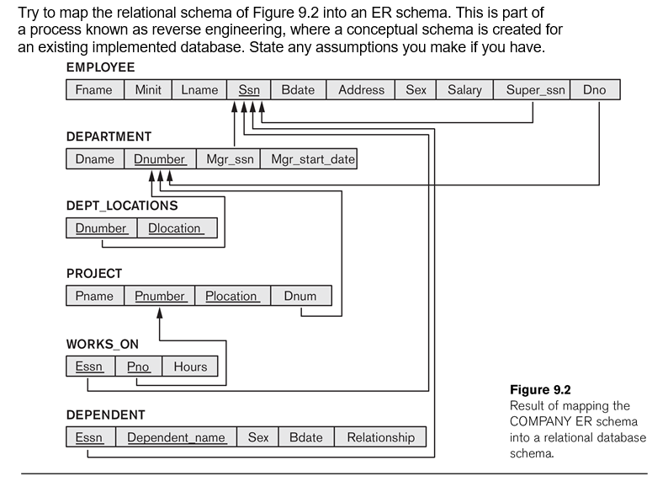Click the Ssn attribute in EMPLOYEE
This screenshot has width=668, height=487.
point(248,90)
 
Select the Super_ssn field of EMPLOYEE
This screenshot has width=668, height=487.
point(536,90)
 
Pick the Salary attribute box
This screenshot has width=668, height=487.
point(464,90)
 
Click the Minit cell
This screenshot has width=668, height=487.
point(148,90)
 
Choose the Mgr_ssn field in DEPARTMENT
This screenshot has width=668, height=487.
point(229,159)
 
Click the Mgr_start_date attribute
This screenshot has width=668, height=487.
point(309,159)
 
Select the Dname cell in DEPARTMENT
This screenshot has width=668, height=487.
point(94,159)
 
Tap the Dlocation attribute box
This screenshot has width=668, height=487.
point(175,228)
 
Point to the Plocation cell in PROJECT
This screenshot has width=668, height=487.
point(231,297)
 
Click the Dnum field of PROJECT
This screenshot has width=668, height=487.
point(300,297)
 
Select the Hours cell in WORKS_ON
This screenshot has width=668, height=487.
point(190,367)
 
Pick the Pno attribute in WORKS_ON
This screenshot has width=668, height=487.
point(138,367)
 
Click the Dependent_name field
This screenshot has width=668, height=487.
point(176,437)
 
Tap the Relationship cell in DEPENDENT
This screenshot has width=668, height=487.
point(380,437)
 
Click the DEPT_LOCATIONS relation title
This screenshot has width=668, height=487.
point(122,205)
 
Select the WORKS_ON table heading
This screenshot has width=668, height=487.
point(103,344)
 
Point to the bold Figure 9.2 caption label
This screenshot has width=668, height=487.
point(540,390)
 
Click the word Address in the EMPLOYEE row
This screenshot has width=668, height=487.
point(361,90)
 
